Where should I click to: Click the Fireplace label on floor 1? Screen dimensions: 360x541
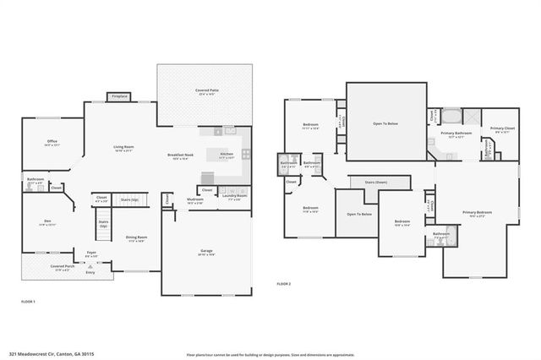[120, 96]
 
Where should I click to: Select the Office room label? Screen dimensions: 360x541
[52, 142]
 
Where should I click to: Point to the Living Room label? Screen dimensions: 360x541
[124, 146]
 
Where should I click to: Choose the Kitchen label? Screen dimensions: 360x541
[227, 155]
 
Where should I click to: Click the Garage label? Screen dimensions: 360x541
[206, 250]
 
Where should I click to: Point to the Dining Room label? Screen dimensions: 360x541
[137, 237]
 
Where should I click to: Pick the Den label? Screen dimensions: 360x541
[47, 221]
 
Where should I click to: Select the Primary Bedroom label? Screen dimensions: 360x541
[477, 212]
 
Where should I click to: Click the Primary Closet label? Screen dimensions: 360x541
[500, 128]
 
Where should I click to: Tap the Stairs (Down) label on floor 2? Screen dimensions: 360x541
[375, 182]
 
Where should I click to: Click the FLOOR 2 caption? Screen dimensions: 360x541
[283, 284]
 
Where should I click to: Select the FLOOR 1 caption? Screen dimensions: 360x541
[28, 301]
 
